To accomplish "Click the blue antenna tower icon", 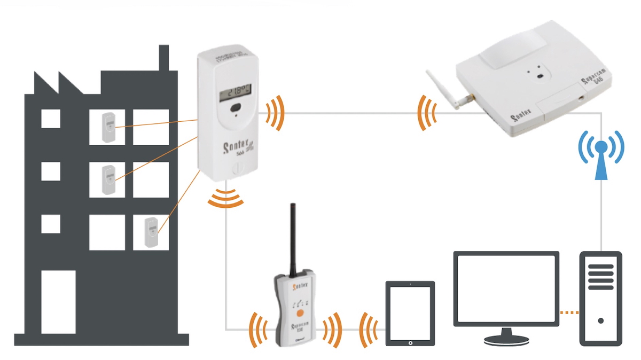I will pyautogui.click(x=601, y=154).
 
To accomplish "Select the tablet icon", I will pyautogui.click(x=410, y=315).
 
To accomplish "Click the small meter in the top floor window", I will pyautogui.click(x=108, y=127).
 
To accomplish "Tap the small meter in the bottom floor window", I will pyautogui.click(x=151, y=231).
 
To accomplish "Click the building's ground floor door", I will pyautogui.click(x=59, y=302).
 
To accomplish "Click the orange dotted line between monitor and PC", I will pyautogui.click(x=569, y=312).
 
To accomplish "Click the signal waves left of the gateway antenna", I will pyautogui.click(x=426, y=113).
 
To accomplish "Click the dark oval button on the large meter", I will pyautogui.click(x=235, y=109).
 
